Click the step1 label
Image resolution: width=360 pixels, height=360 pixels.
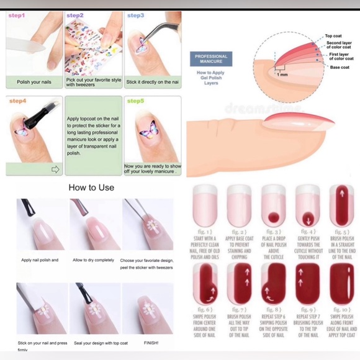[17, 16]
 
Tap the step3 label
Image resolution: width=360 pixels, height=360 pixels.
[135, 16]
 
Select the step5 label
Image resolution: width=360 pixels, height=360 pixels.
[135, 101]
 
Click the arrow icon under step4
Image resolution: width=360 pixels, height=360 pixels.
[55, 169]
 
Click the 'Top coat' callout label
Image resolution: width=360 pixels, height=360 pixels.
[333, 37]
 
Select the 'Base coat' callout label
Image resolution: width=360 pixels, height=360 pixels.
[340, 67]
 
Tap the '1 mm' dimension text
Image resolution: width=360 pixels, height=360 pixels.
[283, 74]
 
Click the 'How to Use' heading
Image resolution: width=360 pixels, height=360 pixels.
[91, 187]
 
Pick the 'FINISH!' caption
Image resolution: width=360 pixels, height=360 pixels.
[151, 342]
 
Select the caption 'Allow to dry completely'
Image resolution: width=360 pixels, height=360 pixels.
[93, 260]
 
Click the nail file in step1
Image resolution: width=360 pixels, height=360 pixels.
[25, 45]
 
